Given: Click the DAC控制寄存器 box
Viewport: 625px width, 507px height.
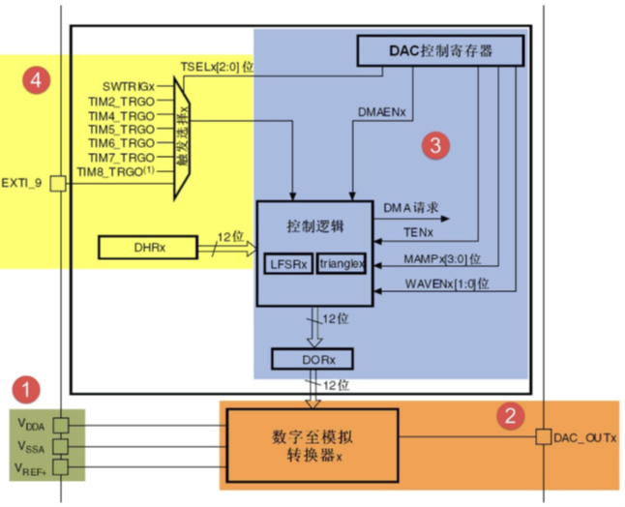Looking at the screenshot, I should pyautogui.click(x=440, y=50).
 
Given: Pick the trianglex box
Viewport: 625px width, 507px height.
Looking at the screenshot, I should pyautogui.click(x=341, y=262).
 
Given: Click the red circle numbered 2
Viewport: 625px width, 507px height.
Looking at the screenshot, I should pyautogui.click(x=509, y=416).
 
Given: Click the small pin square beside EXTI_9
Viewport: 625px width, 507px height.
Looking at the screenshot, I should pyautogui.click(x=57, y=182).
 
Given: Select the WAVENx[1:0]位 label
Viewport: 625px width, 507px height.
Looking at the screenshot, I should pyautogui.click(x=446, y=284).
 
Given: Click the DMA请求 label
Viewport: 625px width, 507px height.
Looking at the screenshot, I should pyautogui.click(x=412, y=208).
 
